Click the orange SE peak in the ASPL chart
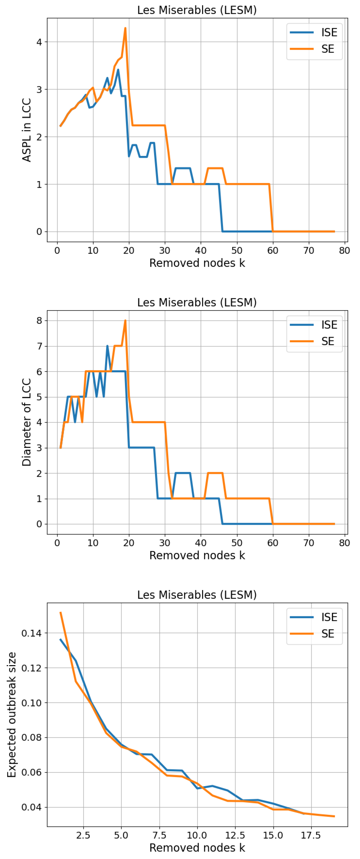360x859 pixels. coord(125,28)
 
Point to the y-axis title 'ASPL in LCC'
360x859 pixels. coord(26,130)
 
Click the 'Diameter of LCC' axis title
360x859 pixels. coord(26,422)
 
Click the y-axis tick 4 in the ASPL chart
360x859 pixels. coord(39,42)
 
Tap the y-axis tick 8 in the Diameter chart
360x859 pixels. coord(39,321)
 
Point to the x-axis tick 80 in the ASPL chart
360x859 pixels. coord(344,251)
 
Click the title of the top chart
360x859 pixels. coord(197,10)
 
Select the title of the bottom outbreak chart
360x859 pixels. coord(197,595)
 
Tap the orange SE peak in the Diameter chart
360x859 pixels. coord(125,321)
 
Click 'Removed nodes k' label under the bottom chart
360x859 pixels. coord(197,847)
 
